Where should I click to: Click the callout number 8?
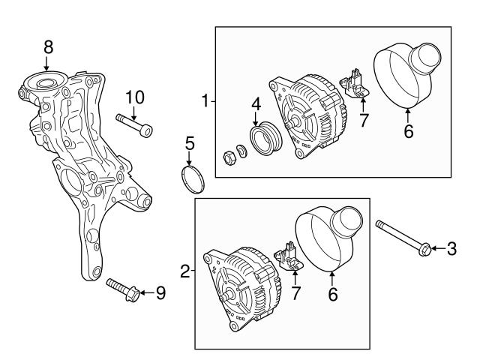pos(49,46)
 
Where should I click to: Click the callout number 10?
pos(134,97)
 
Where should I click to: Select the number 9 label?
pos(160,292)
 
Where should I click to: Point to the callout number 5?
pos(190,142)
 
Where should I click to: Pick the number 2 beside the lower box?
pos(185,270)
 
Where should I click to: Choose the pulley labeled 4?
pos(264,140)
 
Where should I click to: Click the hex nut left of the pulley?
pos(228,157)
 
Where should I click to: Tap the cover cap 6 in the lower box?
pos(331,236)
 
